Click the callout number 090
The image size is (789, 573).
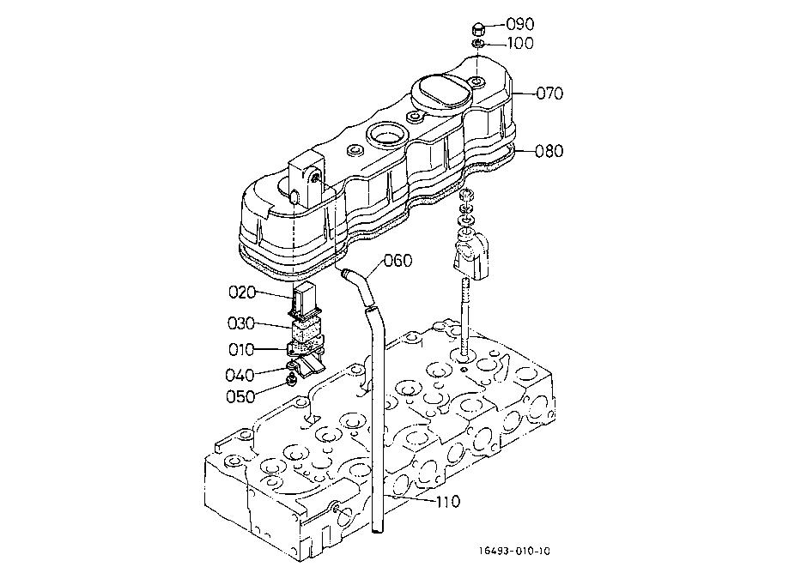pos(519,24)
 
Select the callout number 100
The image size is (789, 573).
pos(520,43)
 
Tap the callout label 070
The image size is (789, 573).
pos(549,93)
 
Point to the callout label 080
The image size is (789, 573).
pos(549,151)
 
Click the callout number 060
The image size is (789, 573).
pos(398,261)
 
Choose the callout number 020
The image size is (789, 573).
pos(242,292)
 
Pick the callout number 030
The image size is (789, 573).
pos(241,323)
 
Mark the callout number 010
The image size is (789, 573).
pos(241,349)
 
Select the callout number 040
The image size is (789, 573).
pos(240,375)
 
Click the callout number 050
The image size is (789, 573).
pos(240,396)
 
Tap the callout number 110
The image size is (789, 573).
pos(448,502)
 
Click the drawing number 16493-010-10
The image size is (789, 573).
pos(514,551)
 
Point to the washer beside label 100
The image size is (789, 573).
pos(478,45)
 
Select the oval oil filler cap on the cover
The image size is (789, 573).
pos(440,92)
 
